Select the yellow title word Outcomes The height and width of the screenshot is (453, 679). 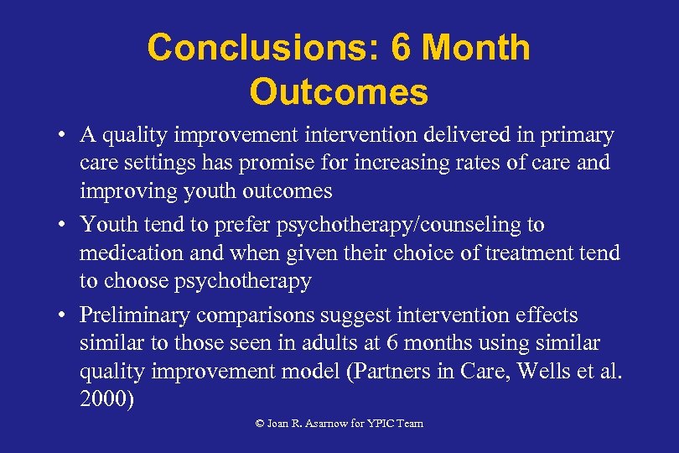point(339,92)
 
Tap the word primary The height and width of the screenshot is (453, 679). point(577,135)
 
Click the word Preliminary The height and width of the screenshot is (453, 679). point(132,316)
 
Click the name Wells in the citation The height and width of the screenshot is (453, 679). point(545,371)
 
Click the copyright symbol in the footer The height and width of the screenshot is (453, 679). point(260,424)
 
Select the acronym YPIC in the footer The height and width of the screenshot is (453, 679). point(380,424)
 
